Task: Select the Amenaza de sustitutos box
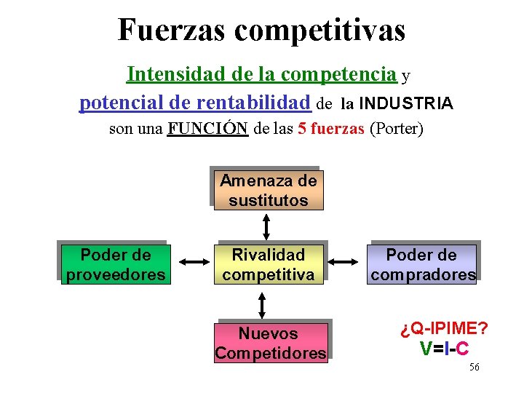[268, 190]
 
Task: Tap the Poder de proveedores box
[116, 264]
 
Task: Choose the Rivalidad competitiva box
[268, 264]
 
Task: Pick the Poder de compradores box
[423, 264]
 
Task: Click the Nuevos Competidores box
[269, 343]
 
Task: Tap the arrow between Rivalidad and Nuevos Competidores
[263, 303]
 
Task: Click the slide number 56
[474, 367]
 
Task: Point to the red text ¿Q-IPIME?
[444, 327]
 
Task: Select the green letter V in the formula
[426, 349]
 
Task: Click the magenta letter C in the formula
[462, 349]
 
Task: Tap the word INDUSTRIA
[406, 103]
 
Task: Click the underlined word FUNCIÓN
[207, 130]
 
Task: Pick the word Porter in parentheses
[396, 130]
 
